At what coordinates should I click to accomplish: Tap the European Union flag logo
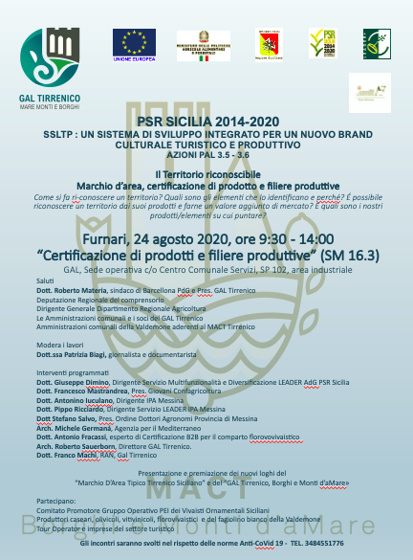[134, 44]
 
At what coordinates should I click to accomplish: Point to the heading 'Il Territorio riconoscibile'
[206, 172]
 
